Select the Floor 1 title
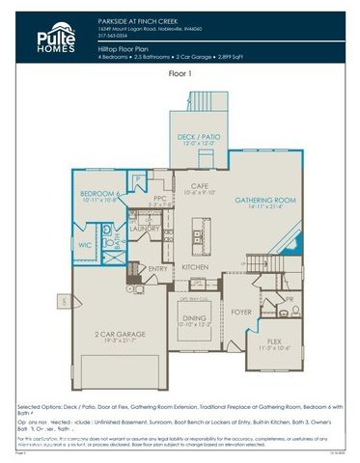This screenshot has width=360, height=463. coord(180,72)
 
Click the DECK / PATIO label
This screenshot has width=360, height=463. coord(198,137)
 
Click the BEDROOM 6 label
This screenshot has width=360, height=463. coord(99,196)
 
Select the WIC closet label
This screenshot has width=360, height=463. coord(85,246)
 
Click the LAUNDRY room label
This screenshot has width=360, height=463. coord(145,228)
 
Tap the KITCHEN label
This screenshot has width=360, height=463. coord(196,266)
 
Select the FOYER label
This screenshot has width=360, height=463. coord(240,312)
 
